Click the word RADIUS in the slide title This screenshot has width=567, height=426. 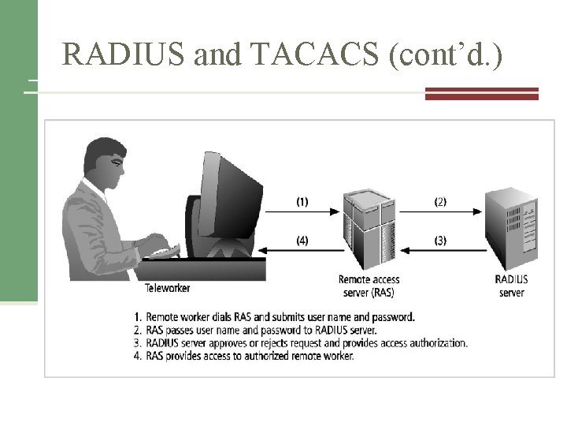(117, 54)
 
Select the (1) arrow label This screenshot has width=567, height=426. (302, 202)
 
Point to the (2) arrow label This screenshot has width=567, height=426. (440, 202)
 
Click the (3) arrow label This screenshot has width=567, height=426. (440, 241)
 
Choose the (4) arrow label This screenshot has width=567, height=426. (302, 241)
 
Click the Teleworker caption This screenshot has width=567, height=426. (168, 287)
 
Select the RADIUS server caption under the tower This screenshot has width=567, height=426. (511, 286)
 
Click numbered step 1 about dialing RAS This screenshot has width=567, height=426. (275, 317)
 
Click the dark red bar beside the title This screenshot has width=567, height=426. (481, 94)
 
